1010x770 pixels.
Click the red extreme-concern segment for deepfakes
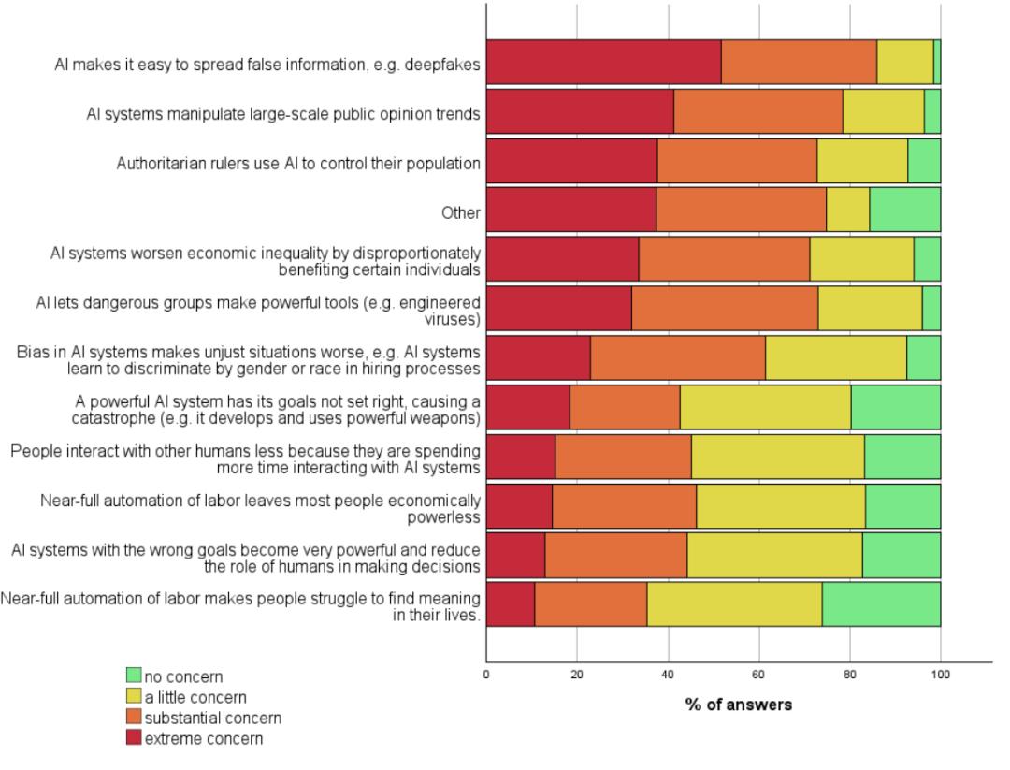603,62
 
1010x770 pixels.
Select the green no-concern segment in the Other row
905,210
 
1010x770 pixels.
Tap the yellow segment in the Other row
847,210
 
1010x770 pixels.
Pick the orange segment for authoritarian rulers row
737,160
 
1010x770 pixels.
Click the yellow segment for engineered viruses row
871,308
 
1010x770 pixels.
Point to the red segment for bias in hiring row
539,357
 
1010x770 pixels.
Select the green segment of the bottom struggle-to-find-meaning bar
881,603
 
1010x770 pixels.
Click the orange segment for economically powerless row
624,506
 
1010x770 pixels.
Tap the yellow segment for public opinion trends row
883,111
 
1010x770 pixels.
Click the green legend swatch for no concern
134,676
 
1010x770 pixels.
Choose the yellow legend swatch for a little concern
134,696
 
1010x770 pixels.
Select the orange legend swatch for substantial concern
134,717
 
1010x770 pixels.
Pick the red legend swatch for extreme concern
134,737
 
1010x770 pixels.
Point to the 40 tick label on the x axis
668,675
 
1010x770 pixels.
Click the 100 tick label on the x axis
941,675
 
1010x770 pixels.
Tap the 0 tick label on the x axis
486,675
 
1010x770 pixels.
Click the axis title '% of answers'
739,705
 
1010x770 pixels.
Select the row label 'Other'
460,212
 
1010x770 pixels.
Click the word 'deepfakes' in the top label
441,65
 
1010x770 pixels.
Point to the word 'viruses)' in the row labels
453,320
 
